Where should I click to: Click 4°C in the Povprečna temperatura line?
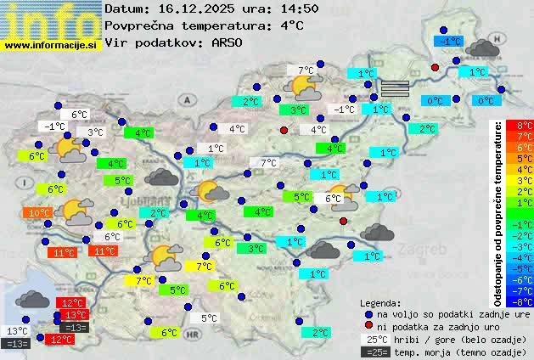tap(291, 25)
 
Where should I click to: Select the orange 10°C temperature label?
tap(39, 213)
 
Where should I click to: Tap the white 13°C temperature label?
tap(17, 331)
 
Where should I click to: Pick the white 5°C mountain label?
tap(209, 318)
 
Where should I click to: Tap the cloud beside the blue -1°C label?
tap(482, 48)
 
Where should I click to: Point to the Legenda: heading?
tap(381, 302)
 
